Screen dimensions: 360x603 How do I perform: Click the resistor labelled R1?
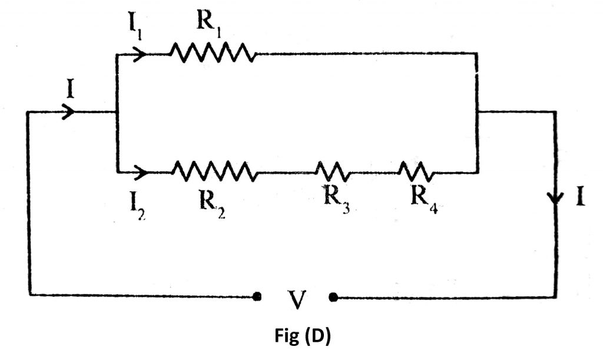point(213,54)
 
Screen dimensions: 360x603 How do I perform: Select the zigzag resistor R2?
point(214,172)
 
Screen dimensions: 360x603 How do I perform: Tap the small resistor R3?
point(333,172)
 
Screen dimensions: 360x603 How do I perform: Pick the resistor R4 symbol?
point(416,172)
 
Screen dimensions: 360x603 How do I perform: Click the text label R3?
point(336,201)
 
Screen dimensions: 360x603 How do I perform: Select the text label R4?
point(423,201)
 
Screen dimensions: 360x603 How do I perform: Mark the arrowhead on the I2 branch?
point(141,173)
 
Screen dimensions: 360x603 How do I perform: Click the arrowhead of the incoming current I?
point(68,112)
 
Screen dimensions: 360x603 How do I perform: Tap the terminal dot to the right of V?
point(333,298)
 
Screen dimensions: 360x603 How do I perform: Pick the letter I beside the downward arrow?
point(580,197)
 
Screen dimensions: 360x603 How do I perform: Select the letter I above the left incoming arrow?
point(71,90)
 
